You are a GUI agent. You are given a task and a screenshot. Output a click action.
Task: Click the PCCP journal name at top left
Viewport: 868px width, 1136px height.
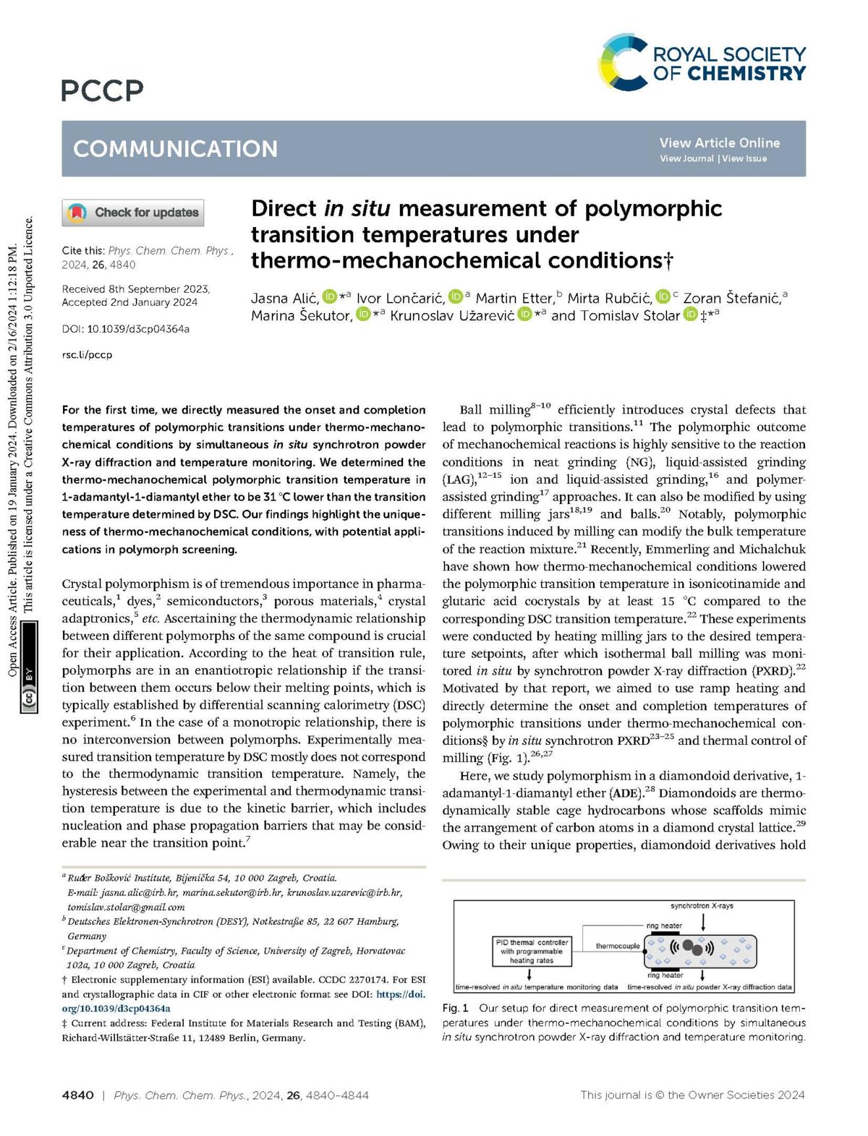point(103,90)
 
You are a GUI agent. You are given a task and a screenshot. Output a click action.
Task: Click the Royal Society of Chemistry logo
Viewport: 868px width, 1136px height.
point(702,63)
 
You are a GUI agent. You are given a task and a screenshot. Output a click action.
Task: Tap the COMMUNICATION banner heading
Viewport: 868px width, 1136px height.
point(175,148)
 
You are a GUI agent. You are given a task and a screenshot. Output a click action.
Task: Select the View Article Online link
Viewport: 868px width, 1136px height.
point(719,142)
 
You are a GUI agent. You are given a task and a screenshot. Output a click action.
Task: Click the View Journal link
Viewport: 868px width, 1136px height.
point(686,158)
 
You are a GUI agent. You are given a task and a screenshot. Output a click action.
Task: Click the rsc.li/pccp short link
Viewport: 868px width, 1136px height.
point(87,355)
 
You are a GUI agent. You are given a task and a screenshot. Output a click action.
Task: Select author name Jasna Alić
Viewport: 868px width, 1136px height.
point(284,298)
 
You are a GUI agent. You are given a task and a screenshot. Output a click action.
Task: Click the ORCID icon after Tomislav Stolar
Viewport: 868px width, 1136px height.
point(691,315)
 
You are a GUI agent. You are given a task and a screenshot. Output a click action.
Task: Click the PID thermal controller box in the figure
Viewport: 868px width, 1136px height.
point(532,951)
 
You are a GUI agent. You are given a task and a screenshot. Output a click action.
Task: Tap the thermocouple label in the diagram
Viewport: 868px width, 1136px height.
point(618,946)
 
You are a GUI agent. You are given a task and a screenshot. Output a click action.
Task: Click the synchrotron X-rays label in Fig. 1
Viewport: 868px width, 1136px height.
point(702,905)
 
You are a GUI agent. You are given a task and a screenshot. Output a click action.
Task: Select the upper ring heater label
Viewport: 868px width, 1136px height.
point(664,926)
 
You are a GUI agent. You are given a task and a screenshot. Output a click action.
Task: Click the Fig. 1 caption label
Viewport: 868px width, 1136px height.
point(455,1007)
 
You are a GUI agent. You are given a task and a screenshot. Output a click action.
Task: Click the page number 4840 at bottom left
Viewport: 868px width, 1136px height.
point(78,1095)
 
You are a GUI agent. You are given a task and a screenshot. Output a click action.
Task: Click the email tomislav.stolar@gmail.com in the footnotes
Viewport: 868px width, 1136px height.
point(126,907)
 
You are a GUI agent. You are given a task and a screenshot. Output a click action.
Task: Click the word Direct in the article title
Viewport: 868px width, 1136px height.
point(284,209)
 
